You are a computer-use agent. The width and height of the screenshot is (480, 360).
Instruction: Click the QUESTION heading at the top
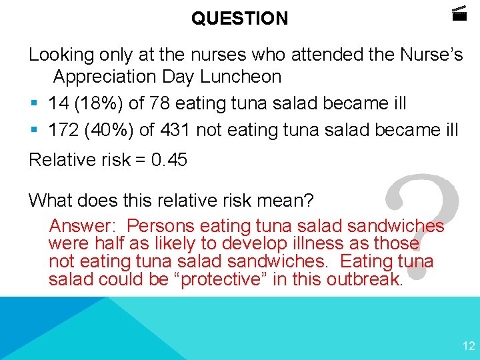tap(240, 19)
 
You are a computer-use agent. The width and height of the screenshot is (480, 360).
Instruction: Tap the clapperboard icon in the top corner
tap(459, 13)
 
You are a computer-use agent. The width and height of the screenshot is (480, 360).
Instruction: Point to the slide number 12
tap(469, 345)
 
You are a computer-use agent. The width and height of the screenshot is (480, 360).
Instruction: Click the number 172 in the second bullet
tap(63, 129)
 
